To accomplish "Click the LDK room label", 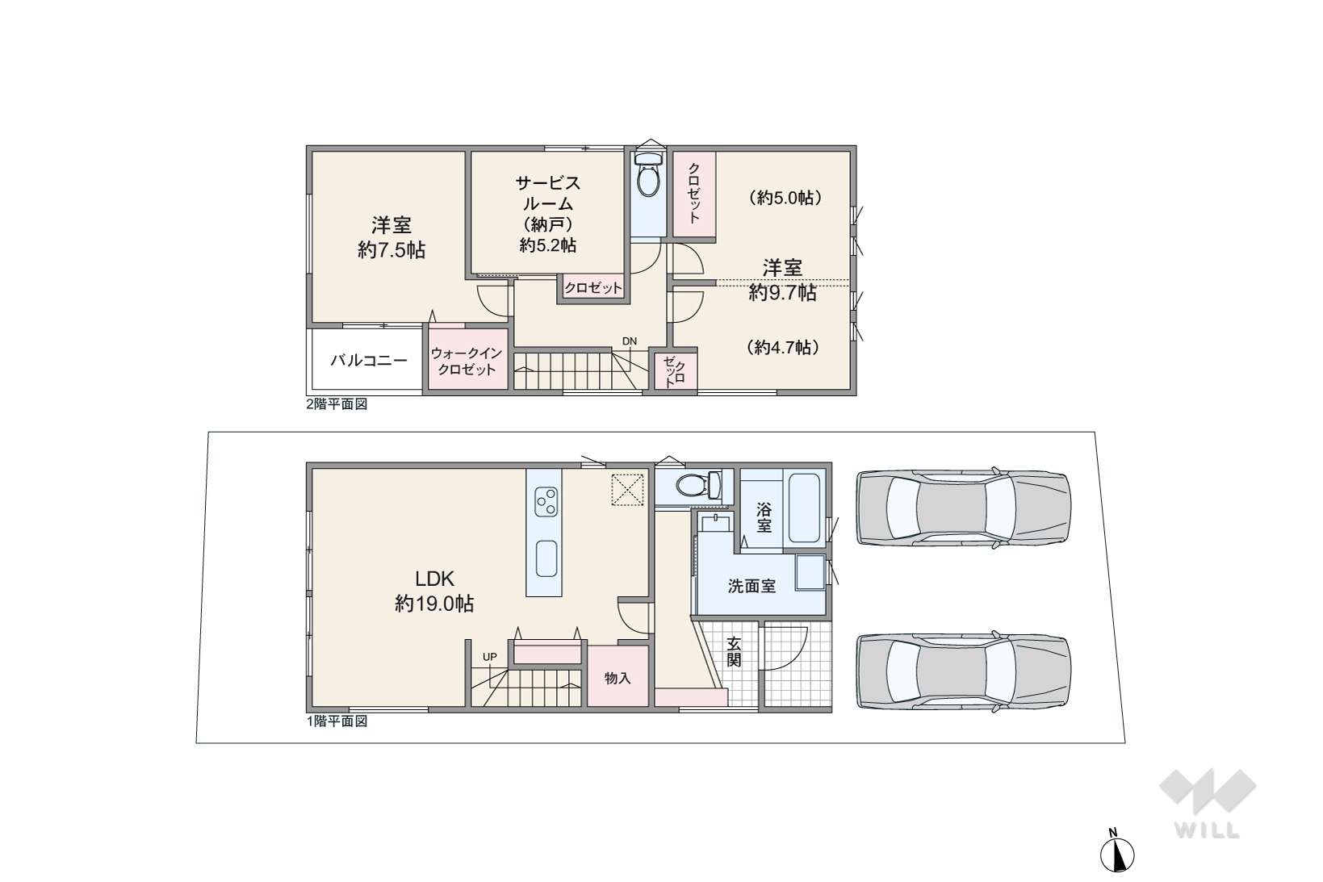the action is pos(434,578).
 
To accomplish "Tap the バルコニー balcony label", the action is pos(369,360).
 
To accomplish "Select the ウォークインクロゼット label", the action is pos(466,362).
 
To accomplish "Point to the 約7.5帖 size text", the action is pos(391,250).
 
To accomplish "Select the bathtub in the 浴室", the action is pos(804,508).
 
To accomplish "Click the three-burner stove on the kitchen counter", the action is pos(546,502).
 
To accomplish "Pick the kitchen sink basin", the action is pos(546,558).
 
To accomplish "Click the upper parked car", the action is pos(963,508).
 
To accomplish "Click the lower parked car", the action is pos(963,671).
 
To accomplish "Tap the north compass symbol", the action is pos(1117,854).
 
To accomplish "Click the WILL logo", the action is pos(1207,804).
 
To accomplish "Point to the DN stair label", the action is pos(629,341).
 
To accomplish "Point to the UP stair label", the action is pos(490,657).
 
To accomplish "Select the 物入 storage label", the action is pos(618,679).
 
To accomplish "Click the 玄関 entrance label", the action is pos(734,651).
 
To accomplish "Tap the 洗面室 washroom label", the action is pos(752,586).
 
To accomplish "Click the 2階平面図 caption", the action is pos(337,404).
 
